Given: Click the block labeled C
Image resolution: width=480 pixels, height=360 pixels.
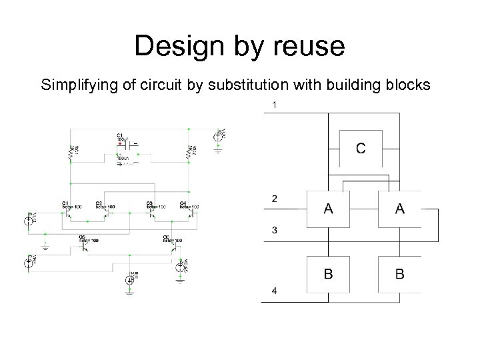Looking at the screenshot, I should click(360, 148).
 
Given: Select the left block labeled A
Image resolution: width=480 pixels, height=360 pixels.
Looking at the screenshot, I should click(329, 209).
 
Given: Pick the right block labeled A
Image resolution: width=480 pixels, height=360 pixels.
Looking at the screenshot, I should click(399, 209).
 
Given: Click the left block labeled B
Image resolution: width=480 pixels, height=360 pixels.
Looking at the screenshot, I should click(329, 273).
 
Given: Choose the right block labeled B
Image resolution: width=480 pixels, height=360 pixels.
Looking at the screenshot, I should click(399, 273).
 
